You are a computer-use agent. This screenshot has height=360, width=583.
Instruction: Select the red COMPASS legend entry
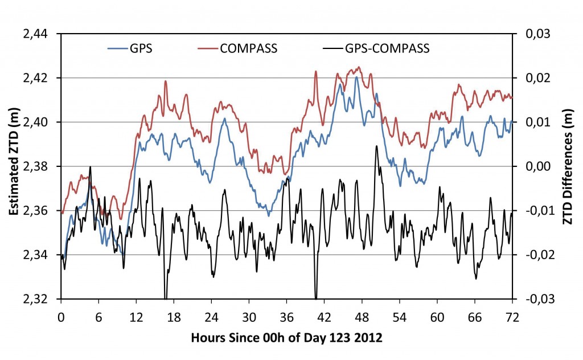(x=249, y=48)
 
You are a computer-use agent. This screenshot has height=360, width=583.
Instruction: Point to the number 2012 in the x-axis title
(x=369, y=336)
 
